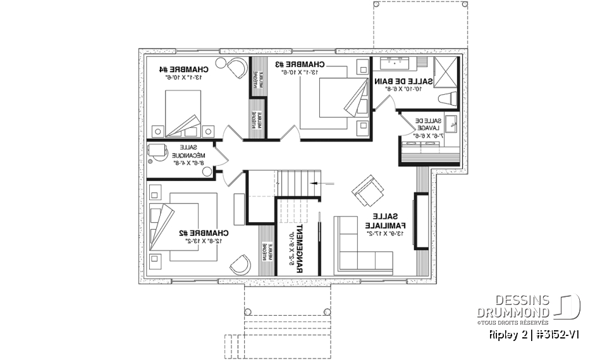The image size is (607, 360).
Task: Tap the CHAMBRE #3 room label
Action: (x=300, y=64)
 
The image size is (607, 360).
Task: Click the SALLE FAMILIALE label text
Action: (x=386, y=221)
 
